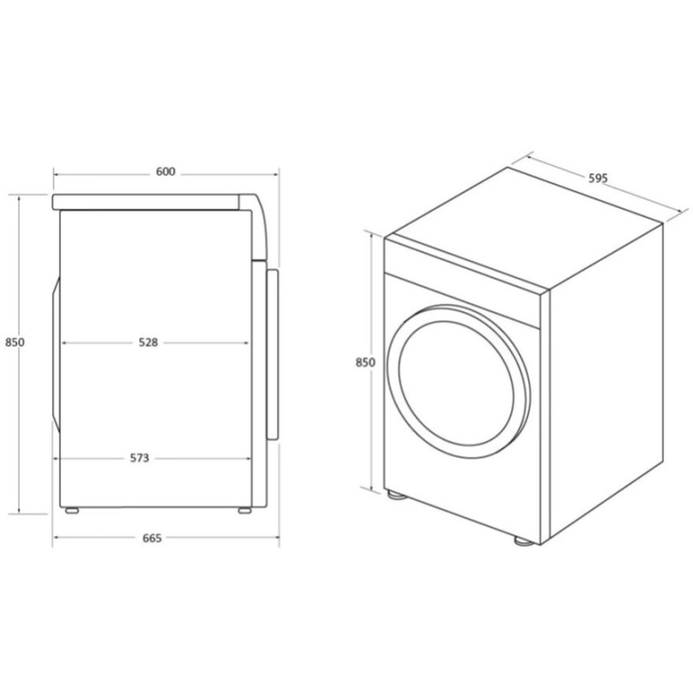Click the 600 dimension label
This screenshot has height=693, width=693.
pyautogui.click(x=165, y=172)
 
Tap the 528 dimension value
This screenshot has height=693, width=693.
pyautogui.click(x=148, y=342)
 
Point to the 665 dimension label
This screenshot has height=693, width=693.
pyautogui.click(x=152, y=538)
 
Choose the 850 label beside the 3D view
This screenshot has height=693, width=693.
pyautogui.click(x=365, y=362)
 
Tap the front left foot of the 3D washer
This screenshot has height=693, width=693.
pyautogui.click(x=397, y=497)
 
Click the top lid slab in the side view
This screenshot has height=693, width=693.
pyautogui.click(x=147, y=203)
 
